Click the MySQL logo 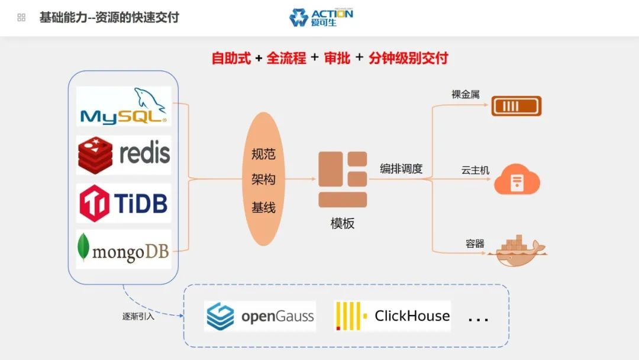pos(124,107)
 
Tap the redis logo pos(124,154)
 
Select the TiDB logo pos(124,203)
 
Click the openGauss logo pos(260,316)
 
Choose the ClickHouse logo pos(393,316)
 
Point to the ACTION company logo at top pos(321,17)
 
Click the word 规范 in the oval pos(263,155)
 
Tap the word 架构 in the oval pos(263,179)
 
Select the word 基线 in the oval pos(263,208)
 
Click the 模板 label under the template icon pos(343,223)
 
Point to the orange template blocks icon pos(343,179)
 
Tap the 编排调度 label pos(401,169)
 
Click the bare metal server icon pos(517,106)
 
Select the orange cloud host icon pos(517,180)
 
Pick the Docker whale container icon pos(517,251)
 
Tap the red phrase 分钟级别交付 pos(408,58)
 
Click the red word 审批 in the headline pos(337,58)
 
